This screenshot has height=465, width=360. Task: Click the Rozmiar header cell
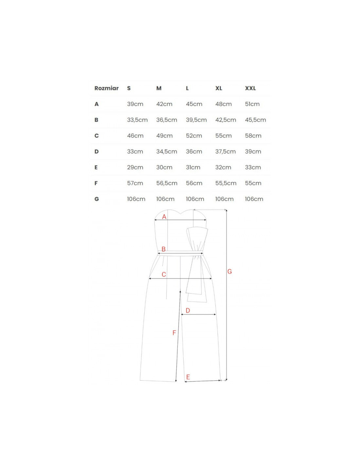[106, 88]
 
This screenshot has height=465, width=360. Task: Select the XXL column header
[250, 88]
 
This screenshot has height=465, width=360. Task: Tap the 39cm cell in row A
[135, 104]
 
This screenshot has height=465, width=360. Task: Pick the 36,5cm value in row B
[167, 120]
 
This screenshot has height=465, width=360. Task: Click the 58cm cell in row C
[253, 136]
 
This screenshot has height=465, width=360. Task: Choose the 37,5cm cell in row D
[225, 152]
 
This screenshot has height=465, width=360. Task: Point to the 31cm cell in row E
[193, 167]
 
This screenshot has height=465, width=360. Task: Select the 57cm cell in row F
[135, 183]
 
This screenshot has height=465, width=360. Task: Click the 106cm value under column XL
[224, 199]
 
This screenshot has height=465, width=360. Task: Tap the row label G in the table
[97, 199]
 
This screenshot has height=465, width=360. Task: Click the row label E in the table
[96, 167]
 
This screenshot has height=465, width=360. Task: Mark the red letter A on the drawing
[164, 217]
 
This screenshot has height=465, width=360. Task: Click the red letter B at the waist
[164, 249]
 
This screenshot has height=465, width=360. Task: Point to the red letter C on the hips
[164, 275]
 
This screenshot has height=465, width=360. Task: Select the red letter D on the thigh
[188, 310]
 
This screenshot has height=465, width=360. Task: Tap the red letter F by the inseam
[174, 333]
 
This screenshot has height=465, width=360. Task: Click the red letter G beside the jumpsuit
[229, 271]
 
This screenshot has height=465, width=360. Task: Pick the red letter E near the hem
[188, 377]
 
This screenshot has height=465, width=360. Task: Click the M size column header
[159, 88]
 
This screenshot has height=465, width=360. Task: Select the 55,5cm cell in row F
[226, 183]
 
